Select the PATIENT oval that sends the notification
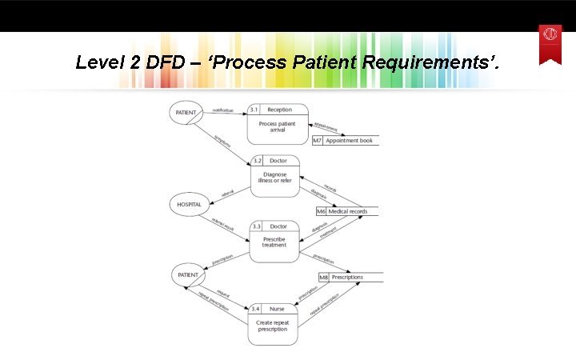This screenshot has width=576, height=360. tap(186, 113)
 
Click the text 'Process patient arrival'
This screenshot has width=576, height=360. tap(277, 127)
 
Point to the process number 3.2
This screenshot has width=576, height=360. tap(257, 161)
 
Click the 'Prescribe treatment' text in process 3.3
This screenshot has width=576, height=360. tap(274, 242)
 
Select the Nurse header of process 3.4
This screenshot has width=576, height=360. tap(277, 308)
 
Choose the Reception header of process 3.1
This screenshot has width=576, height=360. tap(280, 110)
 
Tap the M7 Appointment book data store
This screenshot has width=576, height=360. tap(345, 141)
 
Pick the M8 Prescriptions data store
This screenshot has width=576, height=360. tap(349, 278)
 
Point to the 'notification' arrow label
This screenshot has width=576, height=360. tap(223, 110)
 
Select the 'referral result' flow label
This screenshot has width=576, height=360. tap(223, 225)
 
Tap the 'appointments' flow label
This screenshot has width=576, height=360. tap(326, 127)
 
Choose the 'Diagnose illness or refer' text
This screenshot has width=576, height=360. tap(274, 178)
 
